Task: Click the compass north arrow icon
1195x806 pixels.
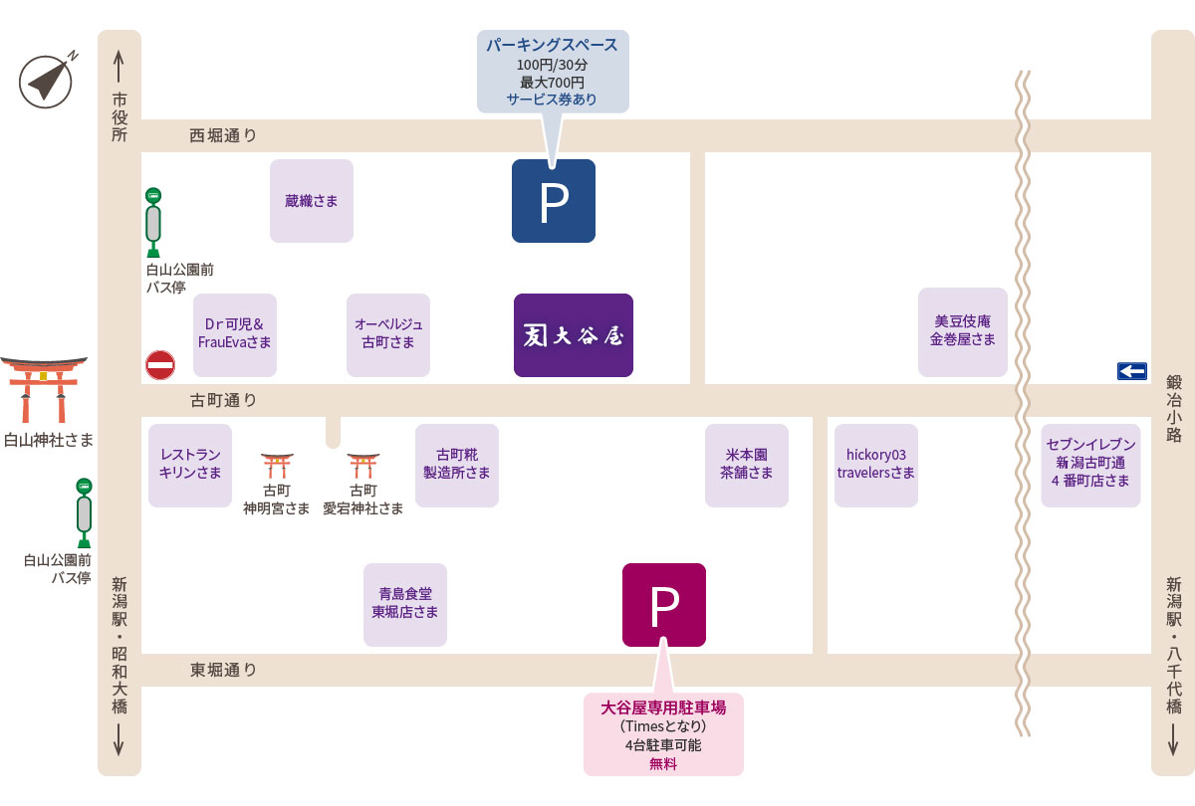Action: [x=47, y=81]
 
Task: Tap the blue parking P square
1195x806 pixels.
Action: [x=554, y=201]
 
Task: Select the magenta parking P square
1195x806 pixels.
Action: [x=663, y=605]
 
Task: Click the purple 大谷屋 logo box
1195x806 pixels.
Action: [x=574, y=335]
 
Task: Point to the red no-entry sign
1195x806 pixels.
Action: [x=160, y=365]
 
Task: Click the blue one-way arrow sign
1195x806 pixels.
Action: [x=1132, y=371]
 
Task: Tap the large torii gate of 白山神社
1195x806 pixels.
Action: [x=44, y=390]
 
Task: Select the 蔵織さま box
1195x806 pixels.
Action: [x=312, y=201]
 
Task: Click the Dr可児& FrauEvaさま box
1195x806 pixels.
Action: [x=235, y=335]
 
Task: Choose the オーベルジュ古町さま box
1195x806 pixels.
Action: [x=388, y=335]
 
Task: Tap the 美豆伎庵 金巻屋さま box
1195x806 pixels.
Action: [x=962, y=332]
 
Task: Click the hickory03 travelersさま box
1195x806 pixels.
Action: [x=876, y=466]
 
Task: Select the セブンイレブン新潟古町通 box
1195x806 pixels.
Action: [x=1090, y=466]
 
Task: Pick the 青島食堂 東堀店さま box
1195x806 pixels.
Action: [x=405, y=605]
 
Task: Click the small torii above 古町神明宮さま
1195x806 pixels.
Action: [x=277, y=466]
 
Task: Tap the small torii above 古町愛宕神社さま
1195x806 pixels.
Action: [x=363, y=466]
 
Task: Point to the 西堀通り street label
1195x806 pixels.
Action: [x=223, y=136]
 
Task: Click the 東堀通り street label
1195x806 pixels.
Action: [x=223, y=670]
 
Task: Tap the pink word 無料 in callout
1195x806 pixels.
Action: [x=663, y=764]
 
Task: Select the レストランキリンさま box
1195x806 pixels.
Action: [x=190, y=466]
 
